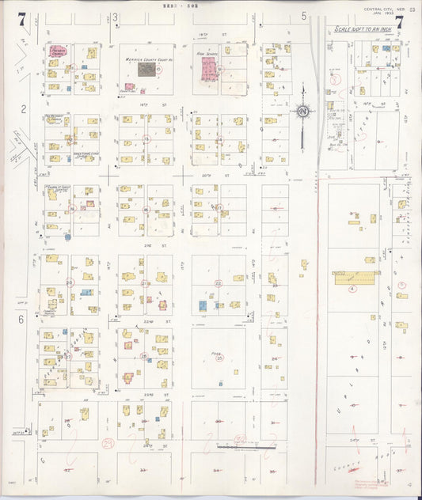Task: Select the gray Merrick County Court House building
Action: pyautogui.click(x=146, y=69)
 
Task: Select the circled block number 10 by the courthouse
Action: pyautogui.click(x=159, y=70)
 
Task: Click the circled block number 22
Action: pyautogui.click(x=219, y=282)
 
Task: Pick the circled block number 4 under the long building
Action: pyautogui.click(x=353, y=290)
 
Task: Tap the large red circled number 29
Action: pyautogui.click(x=107, y=445)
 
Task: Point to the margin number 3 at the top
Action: pyautogui.click(x=116, y=16)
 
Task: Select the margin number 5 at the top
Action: pyautogui.click(x=303, y=16)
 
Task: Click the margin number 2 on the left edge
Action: pyautogui.click(x=24, y=108)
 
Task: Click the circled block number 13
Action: pyautogui.click(x=146, y=139)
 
